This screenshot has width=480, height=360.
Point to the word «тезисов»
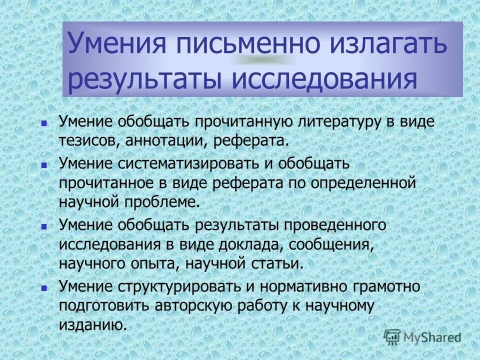click(87, 140)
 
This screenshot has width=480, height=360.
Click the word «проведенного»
click(335, 225)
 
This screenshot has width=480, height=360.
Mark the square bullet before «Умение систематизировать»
click(44, 164)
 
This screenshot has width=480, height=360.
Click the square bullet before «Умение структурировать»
click(44, 288)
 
